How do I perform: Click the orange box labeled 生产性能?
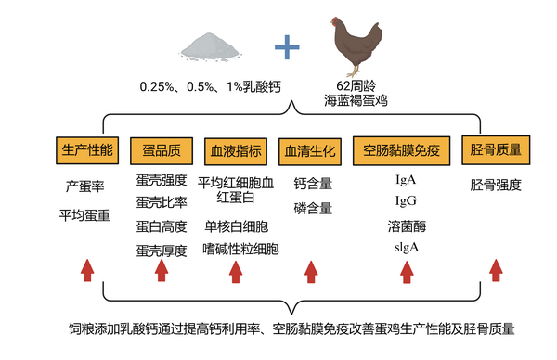click(x=87, y=150)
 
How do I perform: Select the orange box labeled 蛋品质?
click(x=162, y=150)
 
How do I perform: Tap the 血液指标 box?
click(x=236, y=150)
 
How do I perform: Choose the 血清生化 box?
click(x=309, y=150)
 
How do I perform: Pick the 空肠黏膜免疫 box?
click(x=407, y=150)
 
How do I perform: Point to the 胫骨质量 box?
click(x=496, y=150)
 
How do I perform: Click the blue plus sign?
click(x=288, y=46)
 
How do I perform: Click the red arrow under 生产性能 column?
click(x=87, y=270)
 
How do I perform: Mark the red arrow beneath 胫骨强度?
click(x=496, y=270)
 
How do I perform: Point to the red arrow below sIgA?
click(x=406, y=270)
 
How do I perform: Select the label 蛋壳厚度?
click(x=162, y=251)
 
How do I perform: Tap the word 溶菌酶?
click(x=407, y=226)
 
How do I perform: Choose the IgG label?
click(x=406, y=200)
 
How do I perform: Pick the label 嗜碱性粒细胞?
click(x=240, y=249)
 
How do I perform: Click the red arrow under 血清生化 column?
click(x=311, y=270)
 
